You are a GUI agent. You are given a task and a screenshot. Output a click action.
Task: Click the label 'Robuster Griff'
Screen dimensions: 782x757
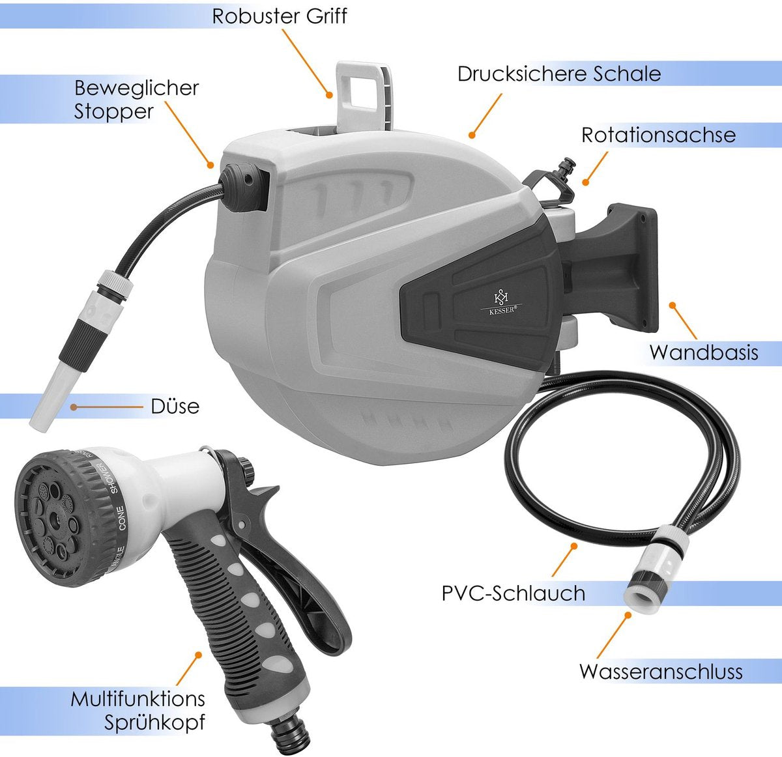point(280,16)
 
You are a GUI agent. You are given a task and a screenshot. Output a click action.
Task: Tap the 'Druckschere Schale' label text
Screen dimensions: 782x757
point(559,74)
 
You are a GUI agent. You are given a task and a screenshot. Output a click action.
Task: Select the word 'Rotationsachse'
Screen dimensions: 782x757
point(658,135)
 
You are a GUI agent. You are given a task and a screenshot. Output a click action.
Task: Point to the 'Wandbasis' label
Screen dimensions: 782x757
point(704,352)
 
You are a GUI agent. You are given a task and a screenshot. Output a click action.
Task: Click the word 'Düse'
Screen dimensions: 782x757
point(175,407)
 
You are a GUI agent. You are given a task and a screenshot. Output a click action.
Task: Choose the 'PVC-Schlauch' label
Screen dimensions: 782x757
point(513,593)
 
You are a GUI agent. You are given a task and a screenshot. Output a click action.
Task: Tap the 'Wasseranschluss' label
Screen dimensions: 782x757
point(661,672)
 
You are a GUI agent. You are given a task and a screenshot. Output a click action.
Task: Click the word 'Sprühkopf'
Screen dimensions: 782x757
point(154,722)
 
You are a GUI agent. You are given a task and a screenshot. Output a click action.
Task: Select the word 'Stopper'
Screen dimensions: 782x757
point(114,111)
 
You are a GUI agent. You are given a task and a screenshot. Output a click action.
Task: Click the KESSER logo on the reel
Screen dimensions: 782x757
point(501,303)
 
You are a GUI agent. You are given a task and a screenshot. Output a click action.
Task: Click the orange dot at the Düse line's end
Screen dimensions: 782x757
point(73,407)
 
